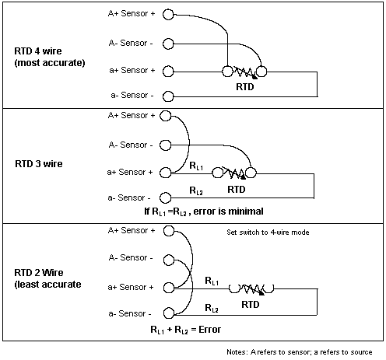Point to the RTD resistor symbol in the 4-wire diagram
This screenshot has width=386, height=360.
pos(244,72)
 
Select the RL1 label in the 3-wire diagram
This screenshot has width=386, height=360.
pos(196,166)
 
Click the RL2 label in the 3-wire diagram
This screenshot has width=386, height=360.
pos(196,190)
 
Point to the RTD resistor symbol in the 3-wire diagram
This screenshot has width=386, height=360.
pos(234,173)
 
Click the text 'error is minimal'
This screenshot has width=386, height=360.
pos(229,211)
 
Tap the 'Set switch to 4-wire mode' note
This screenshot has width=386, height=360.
pos(268,232)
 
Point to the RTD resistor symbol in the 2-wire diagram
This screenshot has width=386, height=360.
pos(251,288)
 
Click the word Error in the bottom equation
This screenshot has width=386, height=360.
pos(209,330)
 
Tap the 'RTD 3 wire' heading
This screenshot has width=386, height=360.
pos(39,164)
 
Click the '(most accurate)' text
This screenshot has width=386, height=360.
pos(50,63)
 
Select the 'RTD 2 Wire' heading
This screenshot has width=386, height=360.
pos(39,272)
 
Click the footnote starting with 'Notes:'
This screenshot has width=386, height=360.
pos(300,352)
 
